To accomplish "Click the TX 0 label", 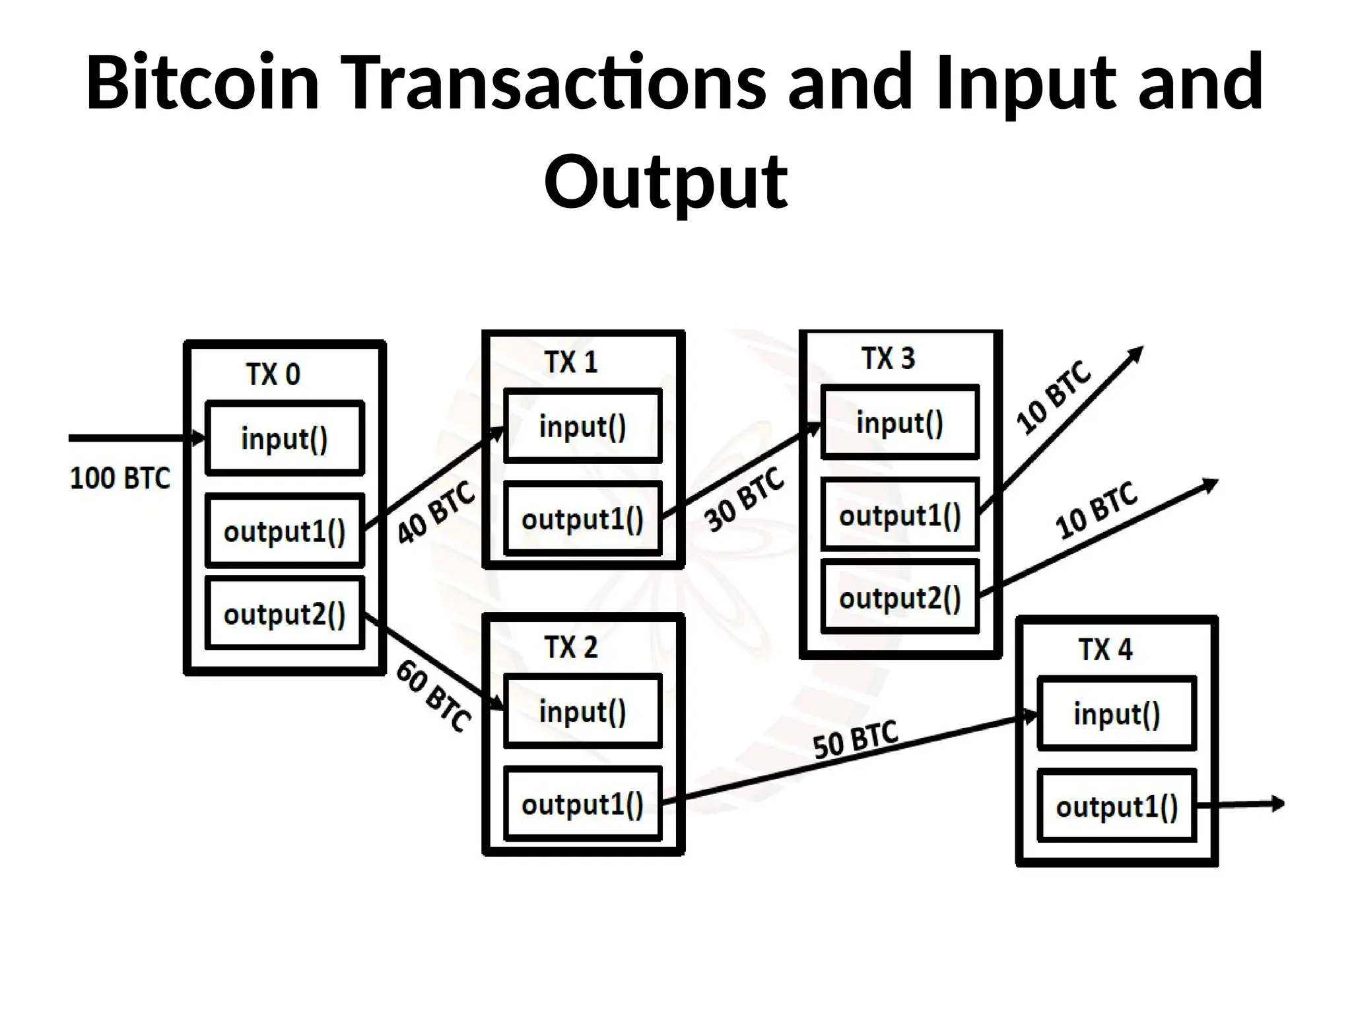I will pos(273,374).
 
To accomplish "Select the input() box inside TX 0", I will pos(285,438).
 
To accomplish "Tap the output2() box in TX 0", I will pos(285,613).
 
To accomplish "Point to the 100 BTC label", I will pos(119,478).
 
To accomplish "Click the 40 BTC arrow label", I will pos(436,512).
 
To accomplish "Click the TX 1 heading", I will pos(571,362).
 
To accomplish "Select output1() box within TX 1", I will pos(582,518).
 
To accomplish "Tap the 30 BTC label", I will pos(744,500).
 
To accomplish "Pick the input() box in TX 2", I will pos(582,711).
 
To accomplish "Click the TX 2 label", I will pos(571,647).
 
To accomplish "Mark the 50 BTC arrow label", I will pos(856,740).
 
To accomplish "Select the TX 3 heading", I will pos(889,358).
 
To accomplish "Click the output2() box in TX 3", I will pos(900,597).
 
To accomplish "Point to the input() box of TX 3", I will pos(900,422).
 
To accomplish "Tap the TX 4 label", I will pos(1106,650).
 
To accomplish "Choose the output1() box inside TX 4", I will pos(1116,806).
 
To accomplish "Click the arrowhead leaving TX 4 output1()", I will pos(1277,803).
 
